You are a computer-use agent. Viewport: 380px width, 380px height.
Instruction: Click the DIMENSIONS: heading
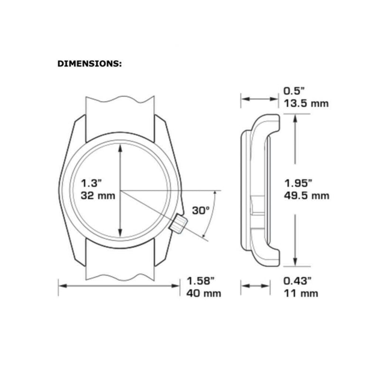[x=89, y=64]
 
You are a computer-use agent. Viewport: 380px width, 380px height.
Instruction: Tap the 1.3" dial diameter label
[x=91, y=183]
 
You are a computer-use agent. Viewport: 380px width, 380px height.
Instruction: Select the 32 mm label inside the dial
[x=98, y=196]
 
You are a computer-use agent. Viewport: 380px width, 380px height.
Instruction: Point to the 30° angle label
[x=201, y=210]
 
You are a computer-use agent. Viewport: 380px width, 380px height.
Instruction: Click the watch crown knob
[x=178, y=223]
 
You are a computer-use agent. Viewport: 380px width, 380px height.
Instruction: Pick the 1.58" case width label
[x=200, y=281]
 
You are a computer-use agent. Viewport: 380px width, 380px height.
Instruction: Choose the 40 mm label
[x=204, y=294]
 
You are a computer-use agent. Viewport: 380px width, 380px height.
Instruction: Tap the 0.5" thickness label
[x=294, y=91]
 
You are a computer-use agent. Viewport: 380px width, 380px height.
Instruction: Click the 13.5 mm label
[x=306, y=104]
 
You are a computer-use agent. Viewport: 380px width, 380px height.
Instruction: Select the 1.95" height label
[x=298, y=183]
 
